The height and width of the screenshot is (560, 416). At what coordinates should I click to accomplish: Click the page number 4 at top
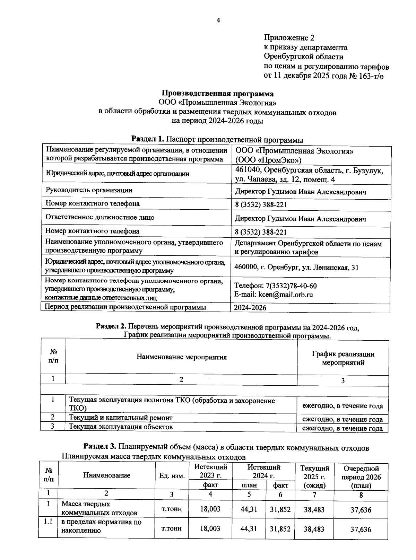coord(218,20)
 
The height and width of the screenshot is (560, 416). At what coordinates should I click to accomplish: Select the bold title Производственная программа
coord(218,94)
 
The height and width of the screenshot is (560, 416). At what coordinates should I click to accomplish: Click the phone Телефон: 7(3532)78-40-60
coord(275,286)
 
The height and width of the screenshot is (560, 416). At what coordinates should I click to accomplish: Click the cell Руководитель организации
coord(89,190)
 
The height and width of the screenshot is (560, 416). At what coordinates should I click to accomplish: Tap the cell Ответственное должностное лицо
coord(100,217)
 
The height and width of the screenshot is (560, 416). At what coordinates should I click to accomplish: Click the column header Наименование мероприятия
coord(181,357)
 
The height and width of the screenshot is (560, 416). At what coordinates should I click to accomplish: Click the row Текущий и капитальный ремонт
coord(121,418)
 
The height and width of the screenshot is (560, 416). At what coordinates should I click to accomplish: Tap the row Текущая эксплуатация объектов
coord(121,427)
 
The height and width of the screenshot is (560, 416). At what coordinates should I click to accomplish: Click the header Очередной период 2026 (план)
coord(361,477)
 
